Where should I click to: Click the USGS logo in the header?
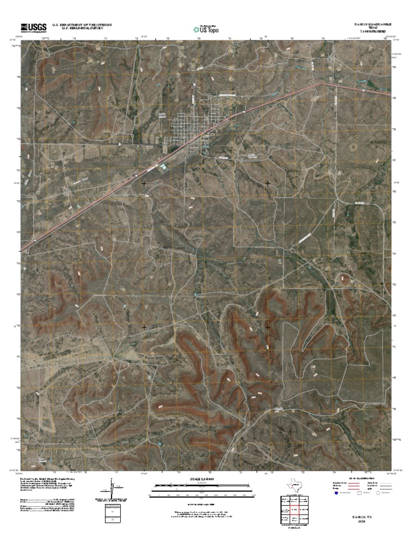click(33, 27)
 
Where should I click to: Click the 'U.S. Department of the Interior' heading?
click(82, 25)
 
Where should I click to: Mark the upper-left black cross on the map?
click(144, 183)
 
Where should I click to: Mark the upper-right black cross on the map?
click(268, 183)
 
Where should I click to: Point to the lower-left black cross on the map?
click(144, 327)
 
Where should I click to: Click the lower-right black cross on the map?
click(268, 327)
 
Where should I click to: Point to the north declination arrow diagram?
click(111, 491)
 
